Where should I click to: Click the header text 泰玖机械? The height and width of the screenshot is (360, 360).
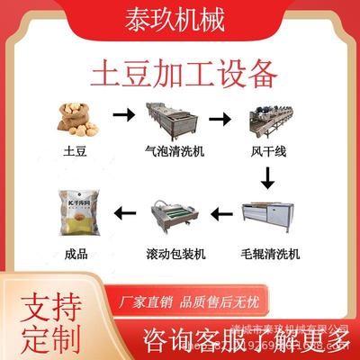point(180,17)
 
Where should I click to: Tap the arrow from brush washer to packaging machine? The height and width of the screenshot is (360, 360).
point(219,214)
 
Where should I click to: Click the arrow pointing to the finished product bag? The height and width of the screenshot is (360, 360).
point(118,214)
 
